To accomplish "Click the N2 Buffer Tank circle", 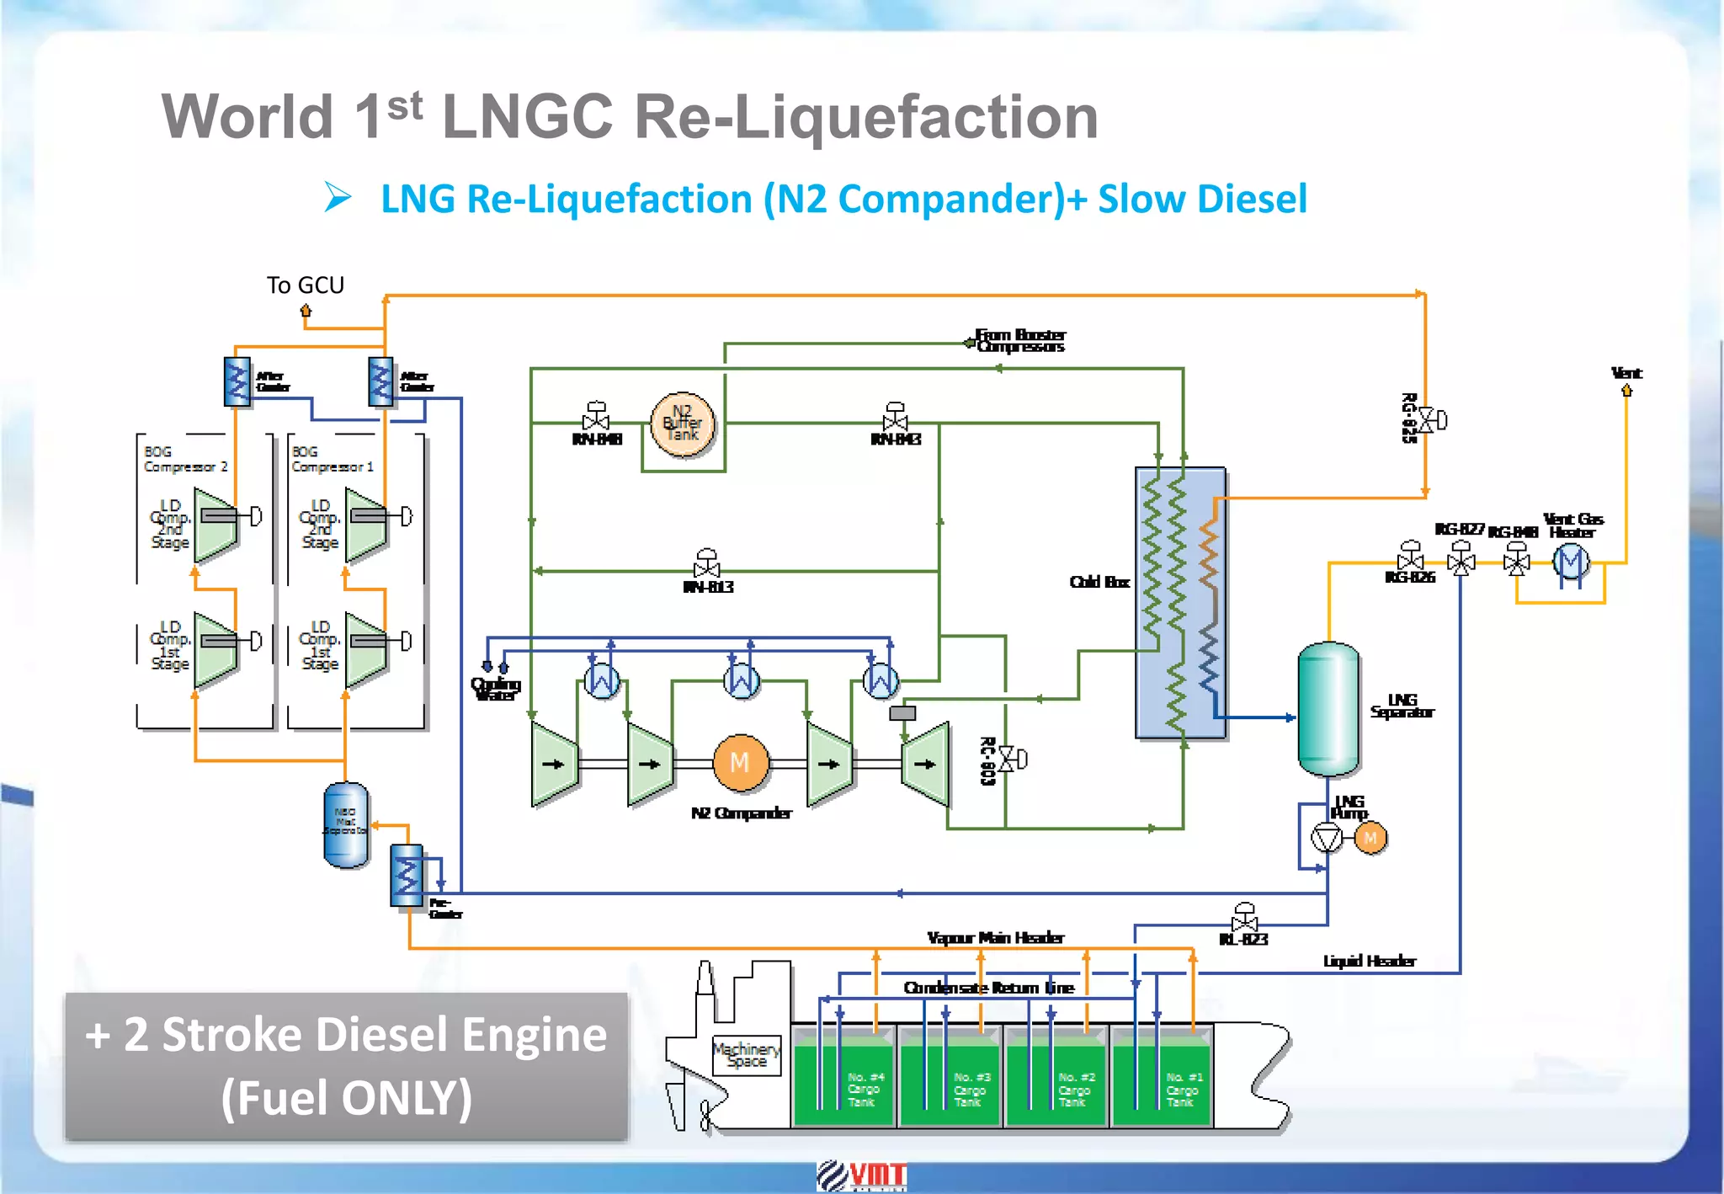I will click(x=683, y=424).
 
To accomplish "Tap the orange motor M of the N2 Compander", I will click(x=741, y=763).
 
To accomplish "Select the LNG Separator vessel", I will click(x=1328, y=709).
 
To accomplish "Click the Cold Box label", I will click(x=1099, y=582).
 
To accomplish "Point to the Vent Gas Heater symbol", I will click(x=1571, y=562).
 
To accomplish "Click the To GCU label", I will click(x=306, y=285).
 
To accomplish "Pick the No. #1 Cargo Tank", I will click(x=1162, y=1082).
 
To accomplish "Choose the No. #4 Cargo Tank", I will click(x=844, y=1082).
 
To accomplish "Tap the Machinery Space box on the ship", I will click(x=747, y=1055).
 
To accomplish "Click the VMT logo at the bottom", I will click(x=861, y=1175).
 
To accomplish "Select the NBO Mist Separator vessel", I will click(x=346, y=825).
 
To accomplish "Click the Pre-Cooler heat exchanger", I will click(x=407, y=876).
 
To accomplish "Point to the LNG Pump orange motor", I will click(x=1370, y=838).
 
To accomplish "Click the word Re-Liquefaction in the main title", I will click(x=866, y=116).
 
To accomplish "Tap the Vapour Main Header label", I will click(x=995, y=938).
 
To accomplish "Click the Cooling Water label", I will click(x=496, y=689).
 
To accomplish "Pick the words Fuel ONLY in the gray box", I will click(x=346, y=1098).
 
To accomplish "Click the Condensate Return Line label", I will click(x=988, y=988).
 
